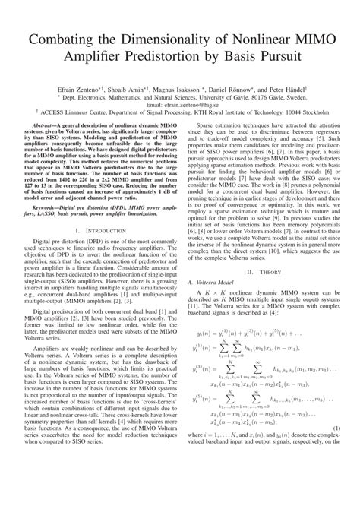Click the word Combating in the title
[63, 37]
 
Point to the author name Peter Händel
[285, 89]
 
